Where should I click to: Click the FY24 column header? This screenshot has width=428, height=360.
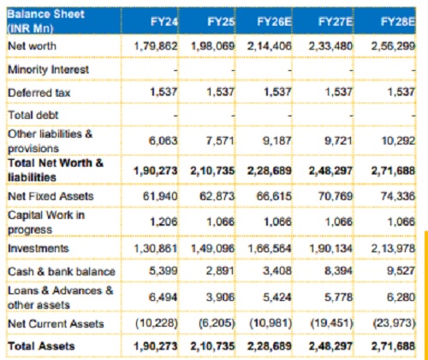(x=164, y=21)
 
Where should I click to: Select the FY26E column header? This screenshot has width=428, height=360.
(x=274, y=21)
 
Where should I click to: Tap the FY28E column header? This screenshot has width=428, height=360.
(x=398, y=21)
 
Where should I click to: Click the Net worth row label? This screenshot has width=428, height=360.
(x=32, y=46)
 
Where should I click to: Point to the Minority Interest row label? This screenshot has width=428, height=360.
(x=48, y=69)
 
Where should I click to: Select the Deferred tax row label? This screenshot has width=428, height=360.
(x=39, y=92)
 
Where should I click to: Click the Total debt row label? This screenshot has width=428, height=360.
(x=33, y=115)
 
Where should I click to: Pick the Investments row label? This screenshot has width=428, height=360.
(x=39, y=248)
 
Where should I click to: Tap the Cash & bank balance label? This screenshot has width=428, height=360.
(x=62, y=271)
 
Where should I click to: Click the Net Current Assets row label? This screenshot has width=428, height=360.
(x=56, y=323)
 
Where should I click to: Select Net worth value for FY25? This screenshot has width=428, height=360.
(x=212, y=46)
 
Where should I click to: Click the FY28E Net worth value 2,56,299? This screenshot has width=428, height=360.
(x=393, y=46)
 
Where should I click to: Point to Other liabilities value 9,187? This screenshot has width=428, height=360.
(x=276, y=140)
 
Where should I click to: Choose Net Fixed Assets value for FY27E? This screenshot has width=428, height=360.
(x=336, y=196)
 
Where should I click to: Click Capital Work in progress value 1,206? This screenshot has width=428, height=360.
(x=163, y=221)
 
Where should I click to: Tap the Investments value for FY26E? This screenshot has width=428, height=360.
(x=270, y=248)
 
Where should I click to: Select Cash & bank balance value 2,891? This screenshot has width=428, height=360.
(x=220, y=271)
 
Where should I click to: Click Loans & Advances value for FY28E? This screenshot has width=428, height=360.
(x=401, y=298)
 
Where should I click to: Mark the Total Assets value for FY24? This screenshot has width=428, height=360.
(x=156, y=346)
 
